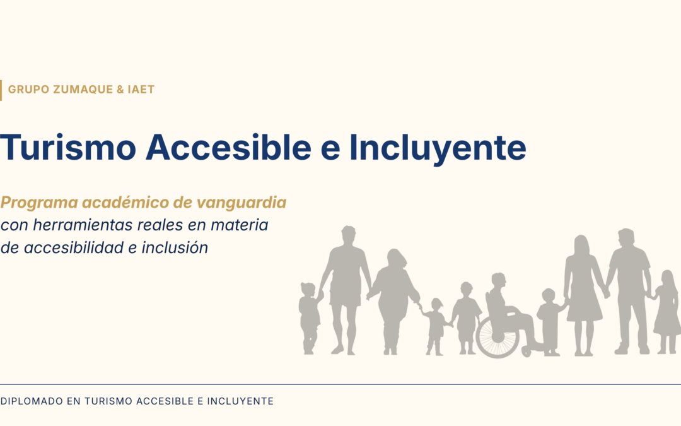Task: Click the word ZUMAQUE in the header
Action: coord(83,90)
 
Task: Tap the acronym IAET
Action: coord(141,90)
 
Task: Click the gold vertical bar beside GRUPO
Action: coord(1,90)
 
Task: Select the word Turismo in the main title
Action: coord(68,147)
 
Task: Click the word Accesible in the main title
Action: coord(228,147)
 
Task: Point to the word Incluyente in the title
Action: coord(438,149)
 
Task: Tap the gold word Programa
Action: coord(39,203)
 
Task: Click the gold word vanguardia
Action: coord(242,203)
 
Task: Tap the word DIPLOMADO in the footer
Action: coord(32,401)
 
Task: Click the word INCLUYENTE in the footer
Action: coord(240,401)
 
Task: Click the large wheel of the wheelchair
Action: coord(498,336)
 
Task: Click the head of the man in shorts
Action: coord(348,236)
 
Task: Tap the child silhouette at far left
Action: coord(309,317)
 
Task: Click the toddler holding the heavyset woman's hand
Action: coord(436,326)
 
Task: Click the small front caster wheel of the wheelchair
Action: coord(527,352)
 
